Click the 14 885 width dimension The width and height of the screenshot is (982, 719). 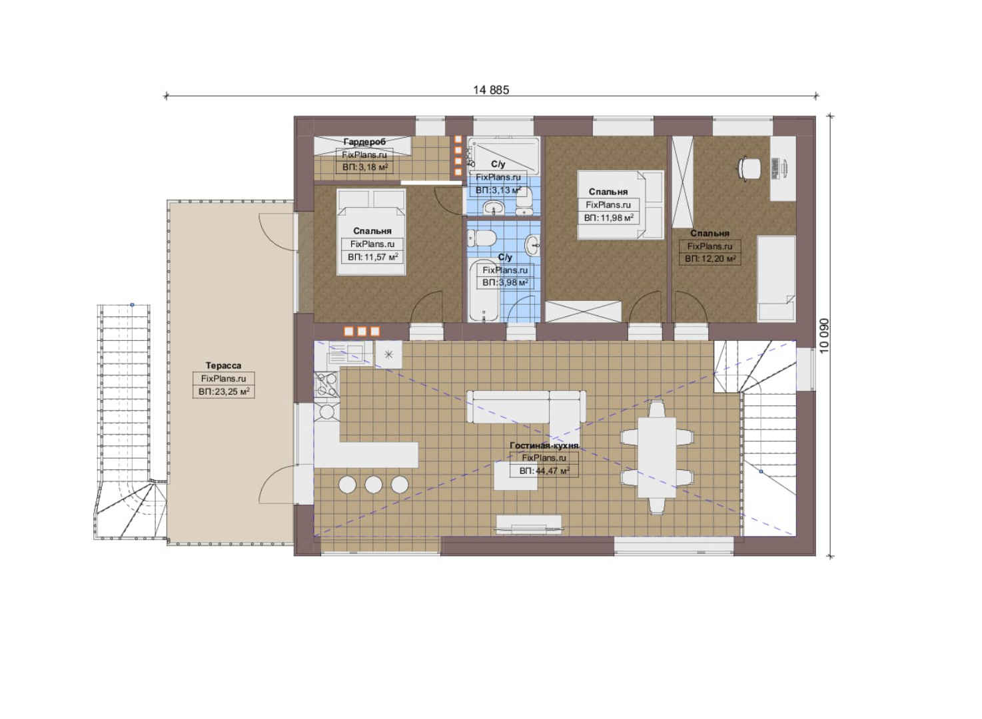[491, 91]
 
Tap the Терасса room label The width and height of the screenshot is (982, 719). [224, 365]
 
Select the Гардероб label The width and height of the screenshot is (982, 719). [364, 142]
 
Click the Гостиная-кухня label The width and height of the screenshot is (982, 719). [544, 445]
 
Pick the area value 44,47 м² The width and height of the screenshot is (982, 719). [544, 471]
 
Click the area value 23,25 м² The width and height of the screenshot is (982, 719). [224, 391]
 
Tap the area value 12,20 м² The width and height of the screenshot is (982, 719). [710, 259]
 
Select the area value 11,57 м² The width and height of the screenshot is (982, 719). [372, 257]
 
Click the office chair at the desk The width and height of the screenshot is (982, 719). [749, 168]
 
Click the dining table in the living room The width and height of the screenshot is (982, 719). [657, 457]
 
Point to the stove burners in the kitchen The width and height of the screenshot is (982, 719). [326, 385]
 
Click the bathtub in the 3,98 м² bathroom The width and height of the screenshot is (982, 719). [484, 290]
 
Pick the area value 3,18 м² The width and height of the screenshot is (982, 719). [364, 167]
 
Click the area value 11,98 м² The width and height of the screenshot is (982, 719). [608, 218]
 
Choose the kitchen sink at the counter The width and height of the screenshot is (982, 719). [346, 354]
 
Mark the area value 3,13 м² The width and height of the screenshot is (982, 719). [498, 190]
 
